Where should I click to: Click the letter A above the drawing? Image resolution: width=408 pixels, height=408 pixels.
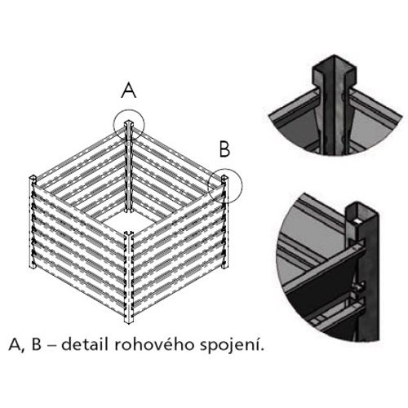click(x=129, y=91)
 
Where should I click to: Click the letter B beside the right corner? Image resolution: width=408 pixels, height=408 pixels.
click(x=224, y=149)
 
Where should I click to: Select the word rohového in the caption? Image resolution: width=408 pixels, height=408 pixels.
click(x=154, y=344)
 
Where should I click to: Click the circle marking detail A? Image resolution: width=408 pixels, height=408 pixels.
click(x=113, y=125)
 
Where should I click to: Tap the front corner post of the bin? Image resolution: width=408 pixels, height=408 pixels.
click(x=129, y=277)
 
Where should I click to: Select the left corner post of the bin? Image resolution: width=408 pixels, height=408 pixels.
click(x=33, y=222)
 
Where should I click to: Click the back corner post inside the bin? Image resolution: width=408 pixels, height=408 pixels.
click(x=128, y=166)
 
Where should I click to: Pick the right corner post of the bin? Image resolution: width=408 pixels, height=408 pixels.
click(x=224, y=222)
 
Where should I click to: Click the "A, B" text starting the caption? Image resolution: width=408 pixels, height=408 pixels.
click(x=24, y=344)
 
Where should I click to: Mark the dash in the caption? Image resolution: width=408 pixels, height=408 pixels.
click(x=51, y=346)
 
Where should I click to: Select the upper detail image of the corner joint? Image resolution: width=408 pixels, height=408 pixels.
click(x=335, y=105)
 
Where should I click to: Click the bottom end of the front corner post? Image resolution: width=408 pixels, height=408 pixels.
click(x=129, y=323)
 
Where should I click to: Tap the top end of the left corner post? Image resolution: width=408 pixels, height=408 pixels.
click(x=33, y=178)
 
